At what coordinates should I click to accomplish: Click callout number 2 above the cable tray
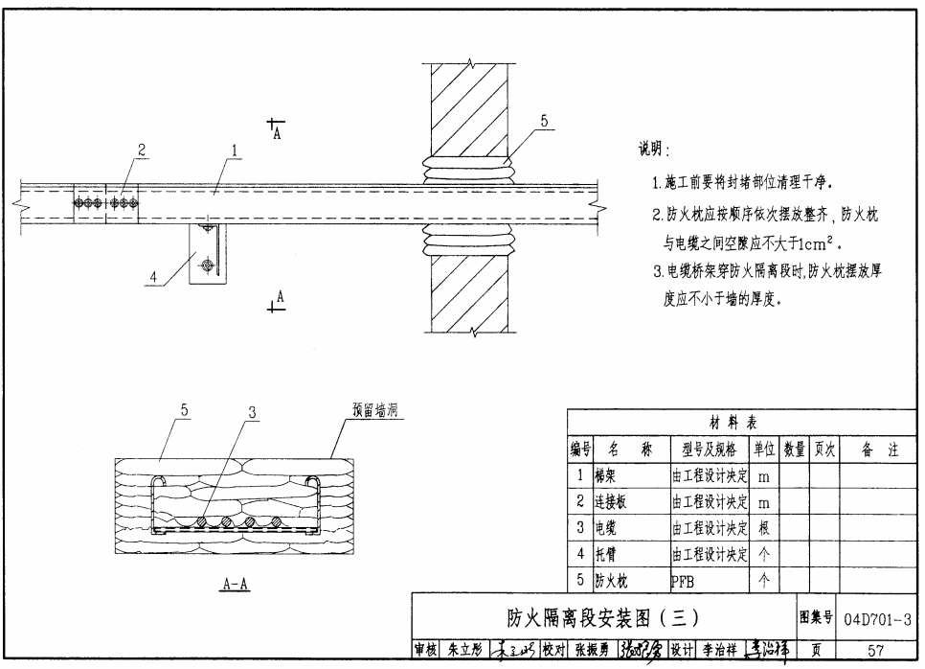point(142,150)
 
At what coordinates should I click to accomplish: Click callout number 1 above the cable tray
point(234,150)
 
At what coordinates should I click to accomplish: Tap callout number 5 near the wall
point(543,121)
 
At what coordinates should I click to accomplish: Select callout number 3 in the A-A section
point(252,412)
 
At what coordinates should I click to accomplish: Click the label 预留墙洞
point(372,411)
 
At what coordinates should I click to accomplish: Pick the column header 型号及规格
point(709,449)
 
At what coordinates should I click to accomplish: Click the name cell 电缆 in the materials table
point(604,527)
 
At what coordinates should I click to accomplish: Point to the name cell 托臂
point(604,554)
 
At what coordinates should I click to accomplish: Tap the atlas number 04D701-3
point(878,617)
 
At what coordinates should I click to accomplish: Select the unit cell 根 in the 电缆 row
point(763,527)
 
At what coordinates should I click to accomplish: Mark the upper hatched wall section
point(469,110)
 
